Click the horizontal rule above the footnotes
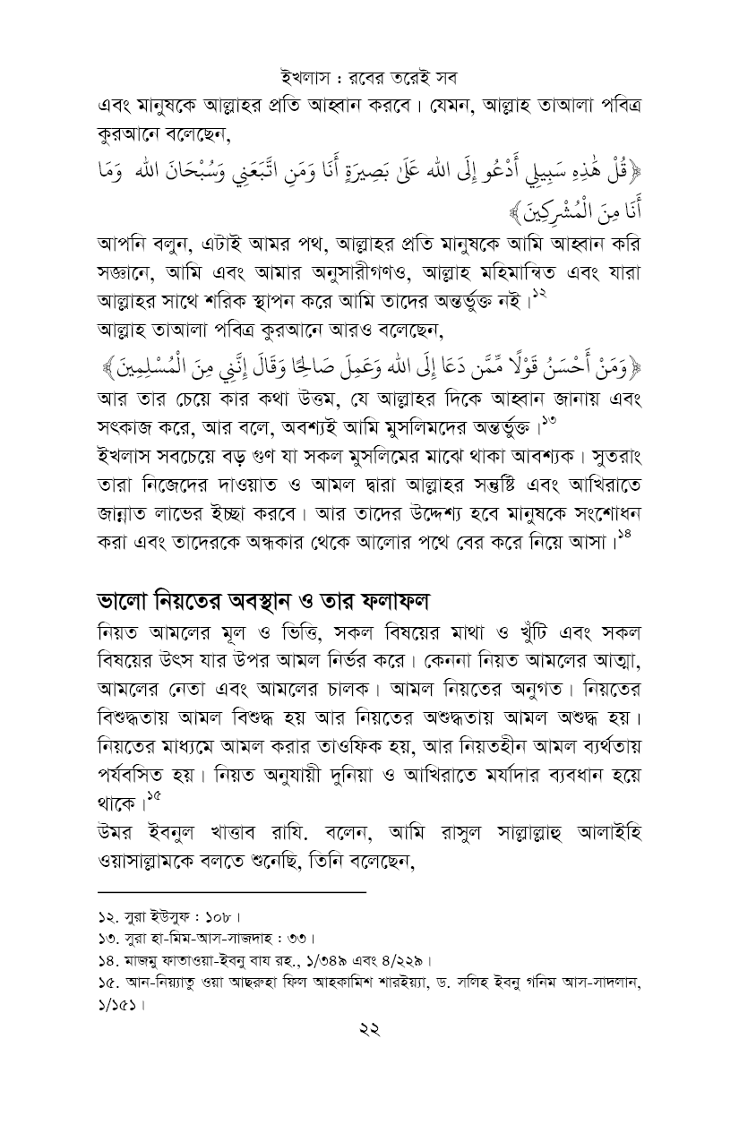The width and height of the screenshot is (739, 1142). pos(232,893)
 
